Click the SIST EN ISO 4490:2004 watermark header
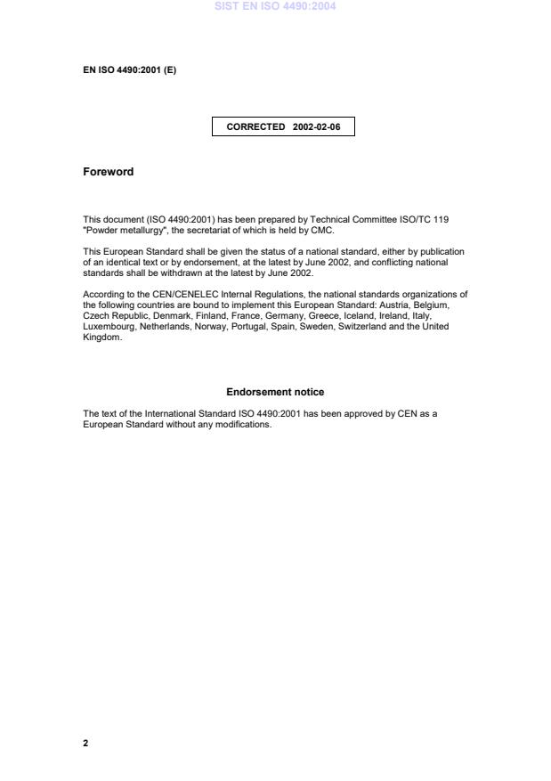[275, 7]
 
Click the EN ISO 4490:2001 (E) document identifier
[129, 70]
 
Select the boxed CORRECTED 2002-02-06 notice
[283, 127]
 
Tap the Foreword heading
[108, 172]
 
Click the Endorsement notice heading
[275, 392]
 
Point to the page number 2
[85, 743]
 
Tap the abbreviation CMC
[322, 230]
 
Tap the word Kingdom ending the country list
[101, 337]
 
